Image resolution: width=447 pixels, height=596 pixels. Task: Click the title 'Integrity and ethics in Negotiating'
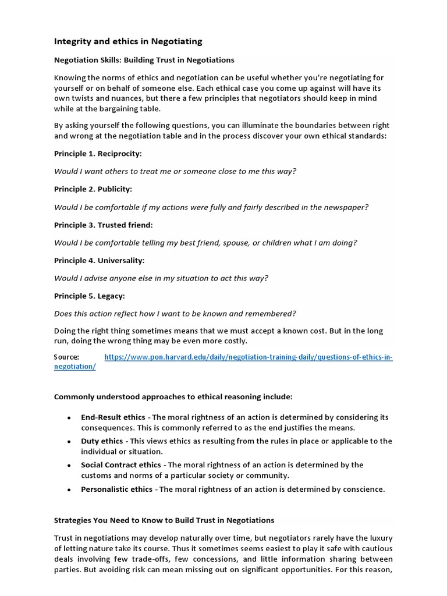(x=128, y=41)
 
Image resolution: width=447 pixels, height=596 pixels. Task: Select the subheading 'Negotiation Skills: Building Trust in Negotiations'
(x=144, y=60)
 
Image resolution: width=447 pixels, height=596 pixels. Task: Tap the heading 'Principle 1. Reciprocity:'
(x=98, y=154)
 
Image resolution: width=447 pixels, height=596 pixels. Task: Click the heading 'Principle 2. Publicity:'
(x=93, y=189)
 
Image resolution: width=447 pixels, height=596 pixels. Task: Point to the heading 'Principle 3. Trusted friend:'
(x=104, y=225)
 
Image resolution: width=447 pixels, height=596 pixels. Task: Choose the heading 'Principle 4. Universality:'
(x=99, y=260)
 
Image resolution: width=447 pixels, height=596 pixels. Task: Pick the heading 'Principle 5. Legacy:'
(x=89, y=296)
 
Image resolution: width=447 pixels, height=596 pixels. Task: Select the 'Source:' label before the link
(x=66, y=357)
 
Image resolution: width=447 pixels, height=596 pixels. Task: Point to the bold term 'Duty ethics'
(x=101, y=441)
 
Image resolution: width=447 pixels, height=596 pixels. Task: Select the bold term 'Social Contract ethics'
(x=121, y=465)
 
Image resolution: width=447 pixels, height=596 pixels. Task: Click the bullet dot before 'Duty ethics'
(x=69, y=442)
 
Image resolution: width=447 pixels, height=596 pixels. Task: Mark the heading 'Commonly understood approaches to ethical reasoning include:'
(x=173, y=397)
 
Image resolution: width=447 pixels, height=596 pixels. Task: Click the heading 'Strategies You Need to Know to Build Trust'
(x=164, y=520)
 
